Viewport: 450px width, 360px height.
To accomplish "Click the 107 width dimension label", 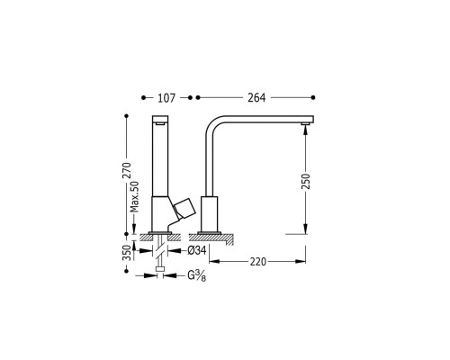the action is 166,98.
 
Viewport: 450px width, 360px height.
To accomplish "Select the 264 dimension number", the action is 256,98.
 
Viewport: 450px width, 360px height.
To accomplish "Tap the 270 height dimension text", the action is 127,170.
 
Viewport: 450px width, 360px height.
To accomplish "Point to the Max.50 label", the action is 135,196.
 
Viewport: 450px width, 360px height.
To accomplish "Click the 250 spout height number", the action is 306,181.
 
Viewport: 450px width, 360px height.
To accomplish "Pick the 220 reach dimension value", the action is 258,262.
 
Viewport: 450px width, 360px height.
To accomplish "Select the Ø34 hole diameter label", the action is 197,250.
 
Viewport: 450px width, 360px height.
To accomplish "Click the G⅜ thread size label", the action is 197,275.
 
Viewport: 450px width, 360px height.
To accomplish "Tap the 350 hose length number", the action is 127,253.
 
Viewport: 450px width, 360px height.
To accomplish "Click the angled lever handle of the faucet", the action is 184,209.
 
